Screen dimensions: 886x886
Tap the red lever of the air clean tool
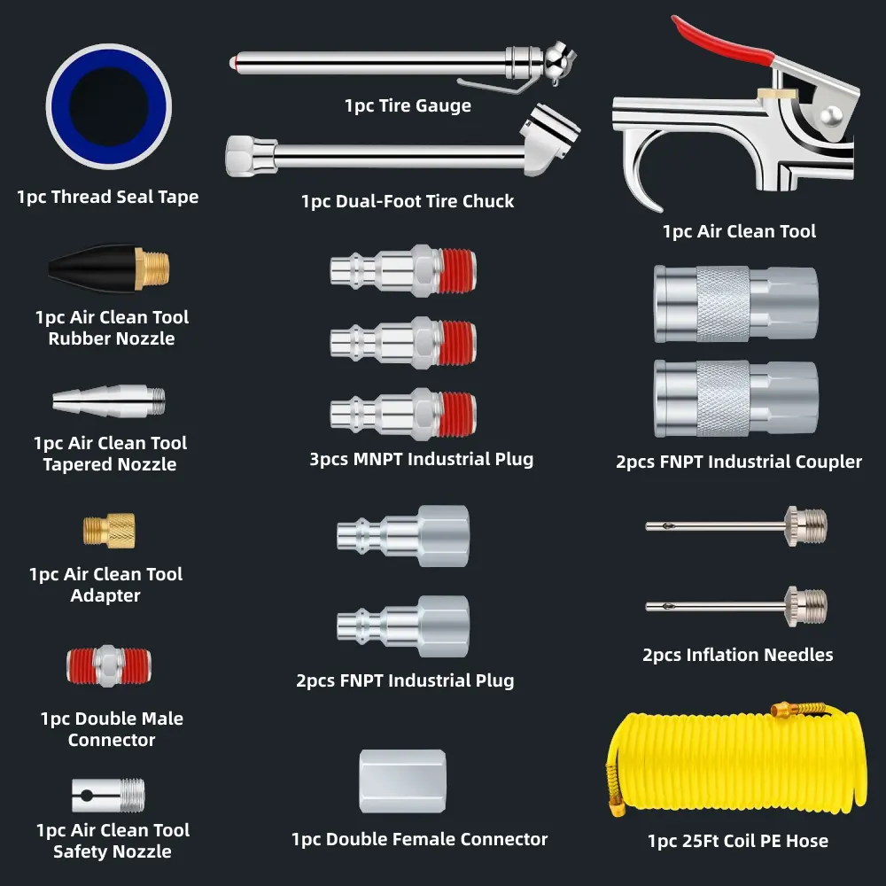point(722,39)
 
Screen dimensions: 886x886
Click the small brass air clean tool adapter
point(109,530)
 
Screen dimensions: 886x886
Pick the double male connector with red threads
point(109,665)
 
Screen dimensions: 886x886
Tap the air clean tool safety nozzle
point(108,794)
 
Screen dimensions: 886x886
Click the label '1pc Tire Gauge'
point(408,105)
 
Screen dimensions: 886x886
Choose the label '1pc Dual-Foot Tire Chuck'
point(408,201)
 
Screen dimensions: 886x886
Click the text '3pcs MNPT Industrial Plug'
point(421,459)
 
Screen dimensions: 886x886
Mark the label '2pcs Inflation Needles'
point(737,655)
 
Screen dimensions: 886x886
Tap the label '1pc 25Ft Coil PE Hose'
point(737,840)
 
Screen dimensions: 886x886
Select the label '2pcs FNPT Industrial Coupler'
point(738,462)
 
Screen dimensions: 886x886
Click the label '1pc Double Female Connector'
point(420,838)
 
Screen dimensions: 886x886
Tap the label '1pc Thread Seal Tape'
point(107,197)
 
